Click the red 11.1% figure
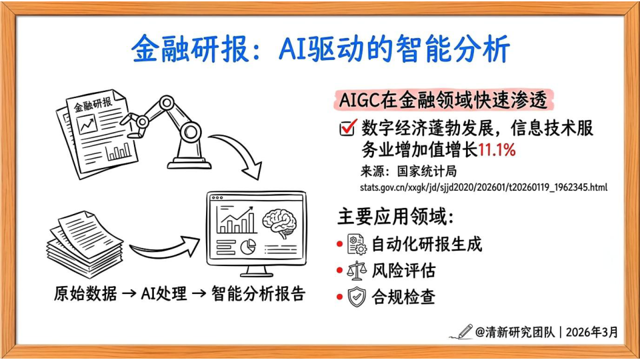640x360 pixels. (x=496, y=150)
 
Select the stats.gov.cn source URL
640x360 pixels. (x=484, y=187)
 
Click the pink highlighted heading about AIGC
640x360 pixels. (x=443, y=100)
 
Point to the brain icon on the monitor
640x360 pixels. (x=279, y=223)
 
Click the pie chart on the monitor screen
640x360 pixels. (x=248, y=247)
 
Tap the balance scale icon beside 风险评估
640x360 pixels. (x=356, y=270)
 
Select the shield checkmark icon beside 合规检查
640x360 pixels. (x=357, y=297)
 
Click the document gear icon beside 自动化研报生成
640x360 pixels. (x=357, y=244)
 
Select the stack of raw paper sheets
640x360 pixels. (x=85, y=244)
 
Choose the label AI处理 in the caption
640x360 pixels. (x=164, y=293)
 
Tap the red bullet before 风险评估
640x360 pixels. (x=339, y=271)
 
